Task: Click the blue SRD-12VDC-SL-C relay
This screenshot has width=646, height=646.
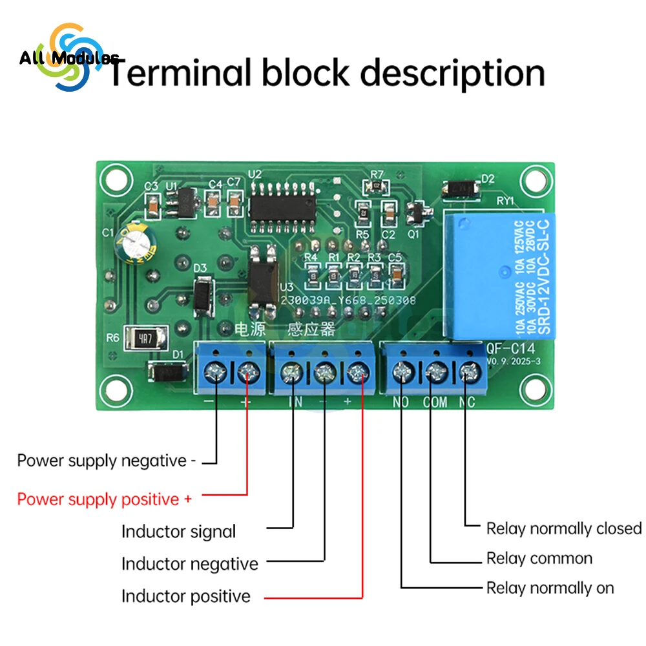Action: click(x=495, y=276)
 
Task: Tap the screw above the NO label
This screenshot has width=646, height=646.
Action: click(x=403, y=371)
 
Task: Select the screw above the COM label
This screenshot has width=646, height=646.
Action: click(x=435, y=371)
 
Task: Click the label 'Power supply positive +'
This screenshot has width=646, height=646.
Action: click(x=105, y=499)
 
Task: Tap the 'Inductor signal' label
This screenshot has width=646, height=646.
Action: click(x=179, y=532)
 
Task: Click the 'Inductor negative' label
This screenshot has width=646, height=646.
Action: click(x=190, y=564)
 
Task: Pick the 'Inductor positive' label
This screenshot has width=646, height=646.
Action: click(x=186, y=596)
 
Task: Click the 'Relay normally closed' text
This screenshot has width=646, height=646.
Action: click(x=564, y=528)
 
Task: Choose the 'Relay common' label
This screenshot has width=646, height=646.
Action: click(x=539, y=558)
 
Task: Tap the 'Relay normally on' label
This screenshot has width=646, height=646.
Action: click(x=550, y=589)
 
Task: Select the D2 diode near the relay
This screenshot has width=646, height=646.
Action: click(x=461, y=189)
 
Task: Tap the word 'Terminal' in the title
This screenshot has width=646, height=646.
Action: click(x=180, y=72)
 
